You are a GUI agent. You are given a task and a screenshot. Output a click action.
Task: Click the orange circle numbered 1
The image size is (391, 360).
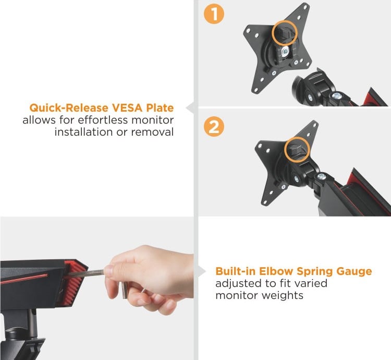pyautogui.click(x=214, y=14)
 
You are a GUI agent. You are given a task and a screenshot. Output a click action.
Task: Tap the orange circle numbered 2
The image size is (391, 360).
pyautogui.click(x=214, y=127)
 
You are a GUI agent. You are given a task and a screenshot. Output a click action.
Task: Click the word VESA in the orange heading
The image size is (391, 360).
pyautogui.click(x=127, y=108)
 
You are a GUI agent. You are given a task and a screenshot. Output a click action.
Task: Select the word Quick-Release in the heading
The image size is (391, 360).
pyautogui.click(x=69, y=108)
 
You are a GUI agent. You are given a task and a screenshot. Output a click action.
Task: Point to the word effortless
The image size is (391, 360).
pyautogui.click(x=103, y=120)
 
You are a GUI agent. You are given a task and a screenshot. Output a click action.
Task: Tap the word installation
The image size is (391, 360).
pyautogui.click(x=83, y=132)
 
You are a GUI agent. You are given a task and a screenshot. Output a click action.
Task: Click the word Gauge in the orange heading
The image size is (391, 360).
pyautogui.click(x=354, y=271)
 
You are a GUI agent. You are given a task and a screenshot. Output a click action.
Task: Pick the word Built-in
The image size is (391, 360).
pyautogui.click(x=236, y=271)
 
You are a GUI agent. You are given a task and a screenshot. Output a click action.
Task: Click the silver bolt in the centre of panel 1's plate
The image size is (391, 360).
pyautogui.click(x=285, y=52)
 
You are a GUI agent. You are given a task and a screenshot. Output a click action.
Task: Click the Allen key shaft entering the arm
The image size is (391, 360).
pyautogui.click(x=86, y=273)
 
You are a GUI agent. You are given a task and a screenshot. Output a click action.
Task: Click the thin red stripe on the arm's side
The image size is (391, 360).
pyautogui.click(x=23, y=279)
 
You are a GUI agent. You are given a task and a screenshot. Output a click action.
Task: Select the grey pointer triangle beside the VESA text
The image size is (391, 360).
pyautogui.click(x=190, y=108)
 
